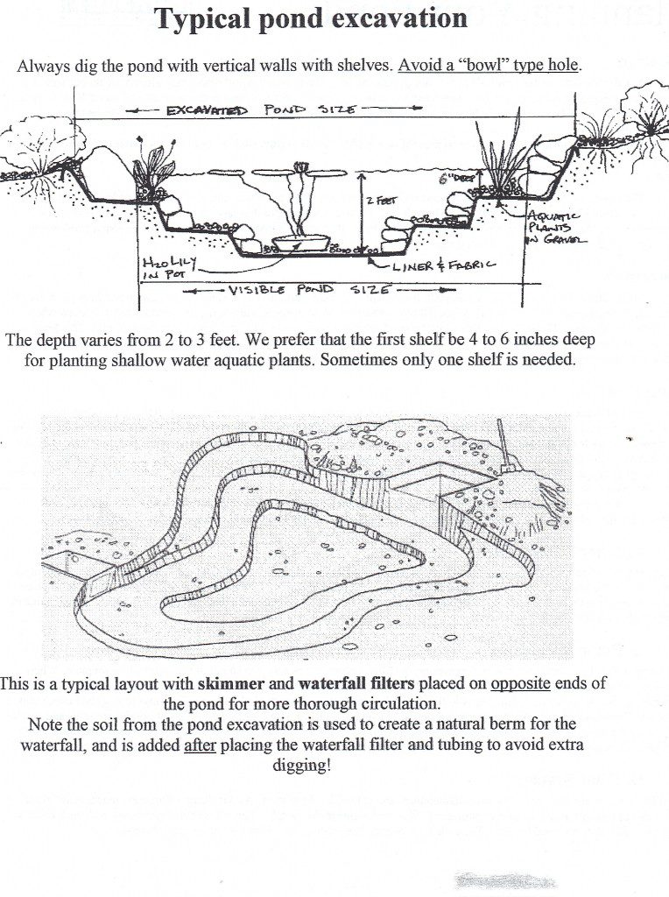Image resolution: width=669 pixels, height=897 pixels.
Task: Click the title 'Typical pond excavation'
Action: click(x=312, y=18)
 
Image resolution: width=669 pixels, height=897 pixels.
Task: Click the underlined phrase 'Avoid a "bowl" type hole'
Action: click(x=489, y=67)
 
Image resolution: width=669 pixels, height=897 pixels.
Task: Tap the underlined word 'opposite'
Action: click(x=520, y=683)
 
